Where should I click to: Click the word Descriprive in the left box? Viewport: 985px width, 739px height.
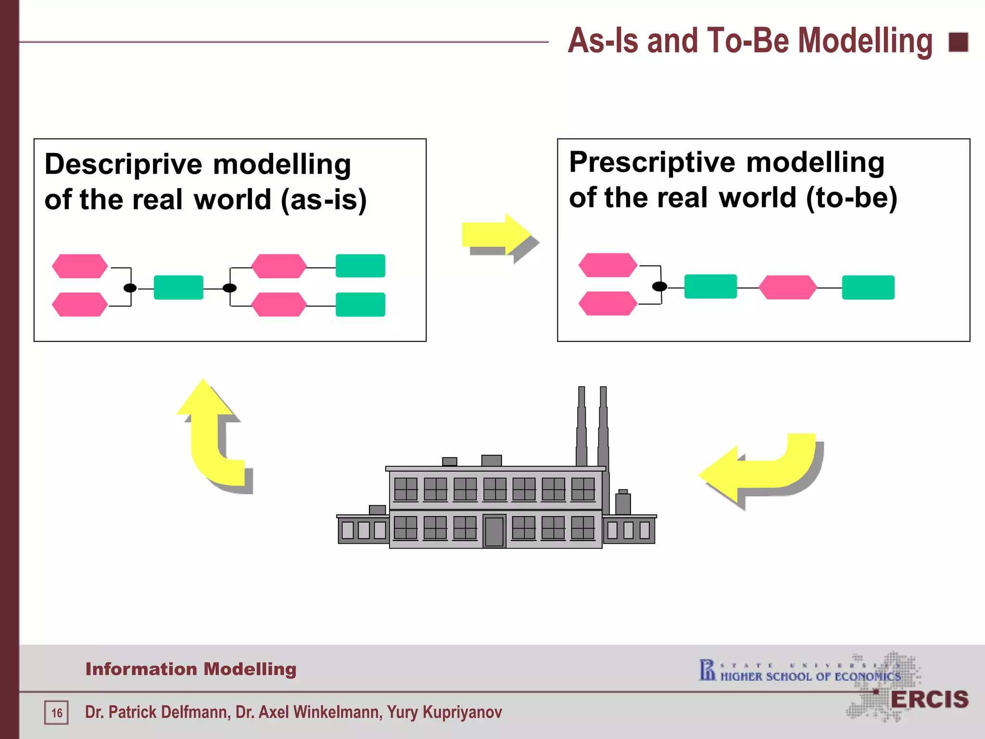[123, 165]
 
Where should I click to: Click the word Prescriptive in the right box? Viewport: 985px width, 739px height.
[652, 163]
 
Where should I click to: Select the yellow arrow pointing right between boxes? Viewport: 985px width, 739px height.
[495, 235]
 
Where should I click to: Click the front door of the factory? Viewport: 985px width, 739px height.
[494, 531]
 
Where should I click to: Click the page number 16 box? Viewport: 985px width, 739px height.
[57, 713]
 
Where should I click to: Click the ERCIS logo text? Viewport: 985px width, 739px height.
[929, 700]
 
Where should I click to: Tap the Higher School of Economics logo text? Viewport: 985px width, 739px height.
[810, 676]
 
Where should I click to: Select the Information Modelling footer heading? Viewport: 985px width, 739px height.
[191, 669]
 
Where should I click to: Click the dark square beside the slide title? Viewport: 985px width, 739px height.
[958, 42]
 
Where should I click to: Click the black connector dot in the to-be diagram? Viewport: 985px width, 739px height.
[659, 287]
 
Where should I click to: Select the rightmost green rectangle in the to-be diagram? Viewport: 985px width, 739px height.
[868, 287]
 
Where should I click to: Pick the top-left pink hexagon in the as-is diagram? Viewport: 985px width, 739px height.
[80, 266]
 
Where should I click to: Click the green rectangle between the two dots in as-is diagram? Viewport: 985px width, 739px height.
[178, 288]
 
